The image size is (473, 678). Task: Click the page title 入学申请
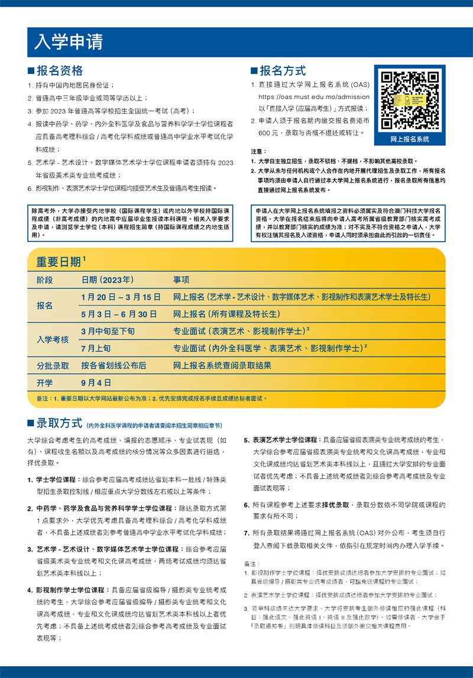coord(69,41)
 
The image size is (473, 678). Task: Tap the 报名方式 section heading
coord(282,71)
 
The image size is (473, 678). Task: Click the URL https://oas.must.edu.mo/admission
coord(314,97)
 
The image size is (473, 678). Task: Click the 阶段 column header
coord(45,280)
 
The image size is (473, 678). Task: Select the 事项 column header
coord(182,280)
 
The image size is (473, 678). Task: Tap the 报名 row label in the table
coord(45,306)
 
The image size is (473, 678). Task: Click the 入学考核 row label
coord(53,340)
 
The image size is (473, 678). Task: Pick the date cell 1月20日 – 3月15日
coord(121,297)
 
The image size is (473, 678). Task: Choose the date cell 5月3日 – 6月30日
coord(119,314)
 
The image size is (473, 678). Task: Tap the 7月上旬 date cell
coord(96,348)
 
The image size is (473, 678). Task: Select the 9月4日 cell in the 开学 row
coord(96,382)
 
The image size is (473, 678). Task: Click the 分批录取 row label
coord(53,365)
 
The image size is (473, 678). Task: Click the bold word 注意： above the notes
coord(259,152)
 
